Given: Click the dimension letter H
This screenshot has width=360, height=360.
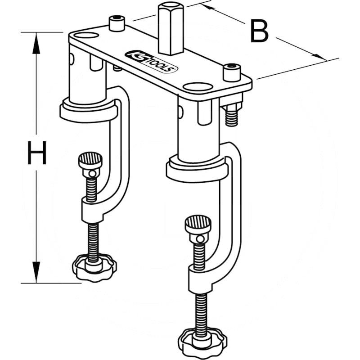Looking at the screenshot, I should tap(36, 153).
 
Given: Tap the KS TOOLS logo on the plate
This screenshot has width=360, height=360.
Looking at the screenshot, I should tap(152, 61).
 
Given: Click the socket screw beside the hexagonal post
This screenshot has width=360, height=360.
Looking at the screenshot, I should tap(117, 23).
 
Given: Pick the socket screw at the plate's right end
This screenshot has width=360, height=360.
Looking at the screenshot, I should tap(232, 72).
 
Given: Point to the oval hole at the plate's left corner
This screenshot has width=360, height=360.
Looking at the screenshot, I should tap(85, 36).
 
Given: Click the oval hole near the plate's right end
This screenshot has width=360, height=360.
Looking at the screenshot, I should tap(197, 86).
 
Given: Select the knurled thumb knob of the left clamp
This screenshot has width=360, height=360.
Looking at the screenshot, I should tap(90, 161).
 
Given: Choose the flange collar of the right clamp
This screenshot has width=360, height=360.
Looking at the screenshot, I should tap(193, 169).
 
